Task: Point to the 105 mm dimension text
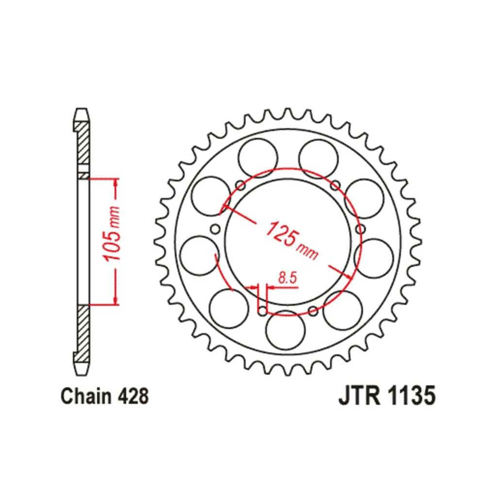113,233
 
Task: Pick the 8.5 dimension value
287,278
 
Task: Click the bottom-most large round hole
285,330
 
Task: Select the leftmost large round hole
199,255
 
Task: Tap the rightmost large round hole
373,258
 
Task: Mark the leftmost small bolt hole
215,229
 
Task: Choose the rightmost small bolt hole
361,229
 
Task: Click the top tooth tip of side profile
81,109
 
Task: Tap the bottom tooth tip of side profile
81,375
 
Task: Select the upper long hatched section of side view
83,143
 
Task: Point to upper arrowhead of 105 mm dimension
116,182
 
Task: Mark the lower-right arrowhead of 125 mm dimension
348,276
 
